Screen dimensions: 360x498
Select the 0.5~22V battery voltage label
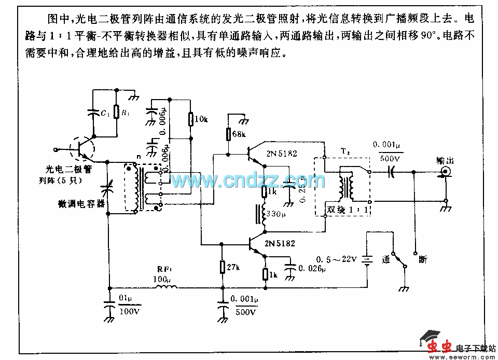coord(337,259)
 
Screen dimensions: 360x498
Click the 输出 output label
coord(445,161)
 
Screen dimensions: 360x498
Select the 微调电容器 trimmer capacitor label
coord(82,204)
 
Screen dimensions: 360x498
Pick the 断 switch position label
coord(423,259)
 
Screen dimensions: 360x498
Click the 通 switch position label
coord(386,259)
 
